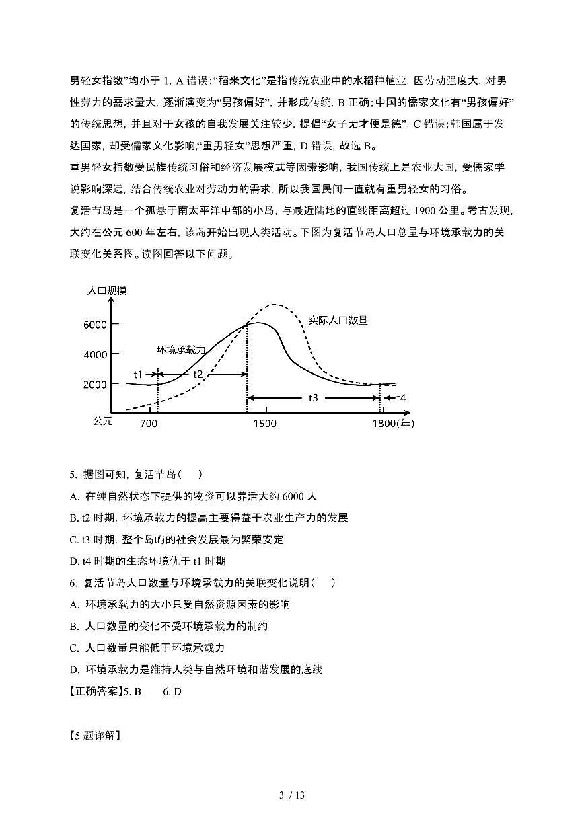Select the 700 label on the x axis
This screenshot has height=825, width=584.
[149, 424]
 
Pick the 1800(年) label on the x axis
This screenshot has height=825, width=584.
[394, 424]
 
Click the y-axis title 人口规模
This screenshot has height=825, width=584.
[107, 291]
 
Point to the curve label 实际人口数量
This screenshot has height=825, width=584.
[338, 321]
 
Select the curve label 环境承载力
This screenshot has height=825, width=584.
[181, 349]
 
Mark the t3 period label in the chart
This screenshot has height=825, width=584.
[314, 398]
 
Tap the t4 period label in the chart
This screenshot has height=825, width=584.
[400, 398]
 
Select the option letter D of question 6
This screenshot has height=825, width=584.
[74, 669]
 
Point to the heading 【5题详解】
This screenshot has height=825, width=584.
[95, 735]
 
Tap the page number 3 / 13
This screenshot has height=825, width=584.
[292, 795]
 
